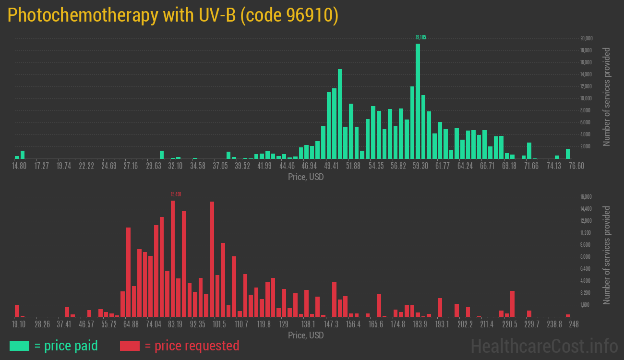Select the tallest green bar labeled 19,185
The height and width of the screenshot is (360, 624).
click(418, 101)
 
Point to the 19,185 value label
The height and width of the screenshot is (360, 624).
click(420, 37)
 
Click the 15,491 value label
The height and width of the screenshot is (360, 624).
click(176, 194)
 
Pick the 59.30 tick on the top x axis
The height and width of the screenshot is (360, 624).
click(420, 166)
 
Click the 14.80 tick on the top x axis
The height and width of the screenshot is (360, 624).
click(19, 166)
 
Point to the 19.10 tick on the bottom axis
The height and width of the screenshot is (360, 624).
click(19, 324)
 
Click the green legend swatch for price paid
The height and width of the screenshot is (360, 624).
click(19, 346)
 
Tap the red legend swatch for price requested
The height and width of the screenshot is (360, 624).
click(130, 346)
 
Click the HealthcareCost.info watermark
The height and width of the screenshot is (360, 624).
click(543, 346)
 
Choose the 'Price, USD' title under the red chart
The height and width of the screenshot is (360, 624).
click(306, 335)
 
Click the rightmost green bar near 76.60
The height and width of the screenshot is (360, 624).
click(568, 154)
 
